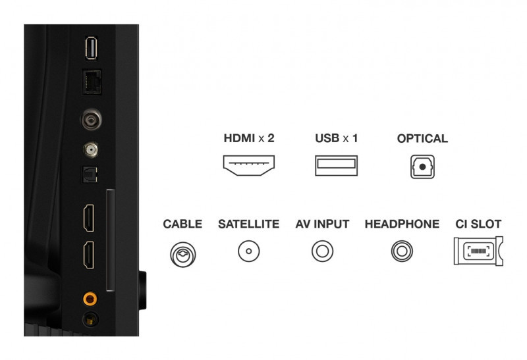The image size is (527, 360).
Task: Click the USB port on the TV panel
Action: (91, 48)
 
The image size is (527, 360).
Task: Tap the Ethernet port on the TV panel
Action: (92, 82)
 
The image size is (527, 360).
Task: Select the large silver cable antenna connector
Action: (91, 119)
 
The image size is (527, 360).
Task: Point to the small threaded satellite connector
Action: (90, 150)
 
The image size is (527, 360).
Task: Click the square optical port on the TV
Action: (90, 174)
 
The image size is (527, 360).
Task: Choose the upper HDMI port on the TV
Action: (89, 218)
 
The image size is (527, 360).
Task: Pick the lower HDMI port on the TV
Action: (89, 255)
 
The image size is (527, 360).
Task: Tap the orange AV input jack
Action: (90, 298)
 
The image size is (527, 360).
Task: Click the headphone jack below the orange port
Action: (90, 319)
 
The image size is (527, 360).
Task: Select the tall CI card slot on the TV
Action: (110, 240)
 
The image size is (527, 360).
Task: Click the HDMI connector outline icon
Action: (249, 166)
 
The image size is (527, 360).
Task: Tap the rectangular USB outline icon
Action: (336, 166)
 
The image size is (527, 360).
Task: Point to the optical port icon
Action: (422, 167)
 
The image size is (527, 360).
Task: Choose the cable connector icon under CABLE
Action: (183, 255)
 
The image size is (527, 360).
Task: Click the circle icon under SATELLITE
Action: (249, 251)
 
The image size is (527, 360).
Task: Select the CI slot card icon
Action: (478, 251)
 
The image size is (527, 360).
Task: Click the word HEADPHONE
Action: (402, 224)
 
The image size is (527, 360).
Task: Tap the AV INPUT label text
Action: (322, 224)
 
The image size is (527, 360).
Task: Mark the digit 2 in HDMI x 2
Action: (271, 138)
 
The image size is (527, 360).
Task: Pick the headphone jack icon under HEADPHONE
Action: (402, 251)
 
